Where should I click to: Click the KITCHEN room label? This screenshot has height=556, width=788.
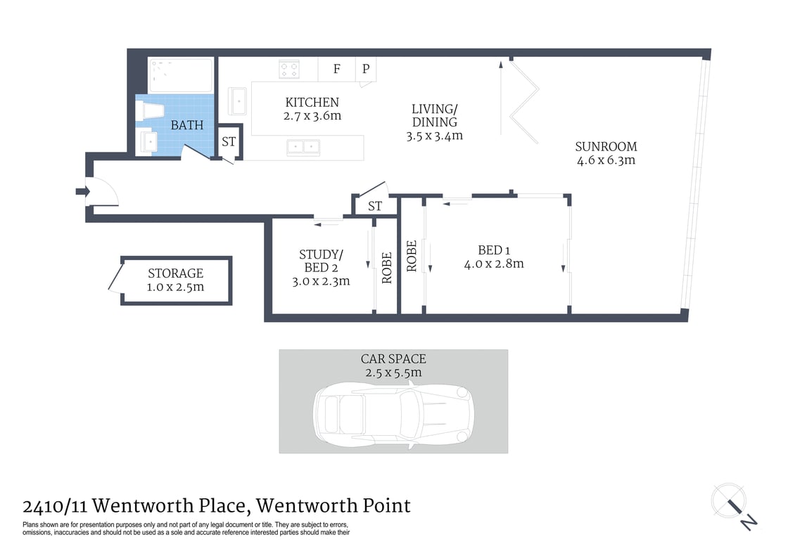click(x=312, y=103)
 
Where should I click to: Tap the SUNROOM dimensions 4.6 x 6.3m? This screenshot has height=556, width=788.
click(x=606, y=160)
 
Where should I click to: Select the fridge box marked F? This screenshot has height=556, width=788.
click(x=337, y=69)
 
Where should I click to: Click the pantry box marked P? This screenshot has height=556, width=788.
click(x=366, y=69)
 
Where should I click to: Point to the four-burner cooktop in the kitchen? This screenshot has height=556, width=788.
click(x=289, y=69)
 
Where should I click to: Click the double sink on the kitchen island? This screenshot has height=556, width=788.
click(x=303, y=147)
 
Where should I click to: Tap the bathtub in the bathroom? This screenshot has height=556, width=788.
click(x=181, y=75)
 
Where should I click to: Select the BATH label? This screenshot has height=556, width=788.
click(x=187, y=125)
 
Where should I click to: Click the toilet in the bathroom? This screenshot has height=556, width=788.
click(x=152, y=111)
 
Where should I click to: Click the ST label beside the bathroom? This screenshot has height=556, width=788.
click(x=229, y=141)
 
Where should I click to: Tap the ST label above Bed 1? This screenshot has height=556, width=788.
click(x=375, y=206)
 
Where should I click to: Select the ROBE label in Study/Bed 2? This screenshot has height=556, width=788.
click(x=386, y=267)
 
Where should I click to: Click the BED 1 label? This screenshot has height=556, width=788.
click(x=490, y=250)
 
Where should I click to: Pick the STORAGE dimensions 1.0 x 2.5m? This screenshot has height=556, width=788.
click(x=175, y=287)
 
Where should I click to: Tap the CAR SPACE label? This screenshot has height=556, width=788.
click(x=393, y=358)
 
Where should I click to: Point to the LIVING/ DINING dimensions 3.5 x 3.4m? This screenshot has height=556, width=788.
click(x=434, y=136)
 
